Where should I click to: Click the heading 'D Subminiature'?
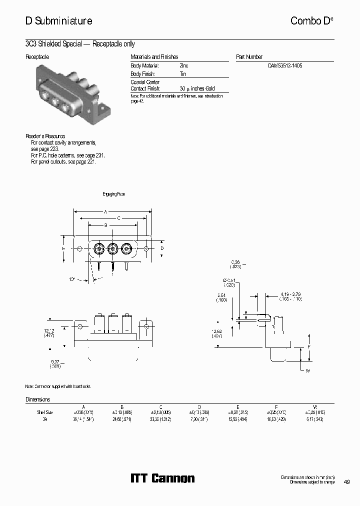[x=58, y=21]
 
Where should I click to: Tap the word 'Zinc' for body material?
[x=184, y=65]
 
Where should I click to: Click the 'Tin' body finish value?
[x=182, y=73]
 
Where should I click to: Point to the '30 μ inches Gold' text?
[x=197, y=88]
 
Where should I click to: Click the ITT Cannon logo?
[x=162, y=478]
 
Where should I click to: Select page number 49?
[x=346, y=482]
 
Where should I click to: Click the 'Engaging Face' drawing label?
[x=113, y=194]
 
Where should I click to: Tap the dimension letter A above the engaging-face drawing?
[x=105, y=212]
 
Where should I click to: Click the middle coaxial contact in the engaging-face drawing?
[x=113, y=248]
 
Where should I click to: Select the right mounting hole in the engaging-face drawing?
[x=146, y=248]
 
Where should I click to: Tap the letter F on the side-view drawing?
[x=308, y=347]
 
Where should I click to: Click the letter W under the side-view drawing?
[x=307, y=370]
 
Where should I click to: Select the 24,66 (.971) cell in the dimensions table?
[x=121, y=419]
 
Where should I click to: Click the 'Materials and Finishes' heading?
[x=154, y=57]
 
